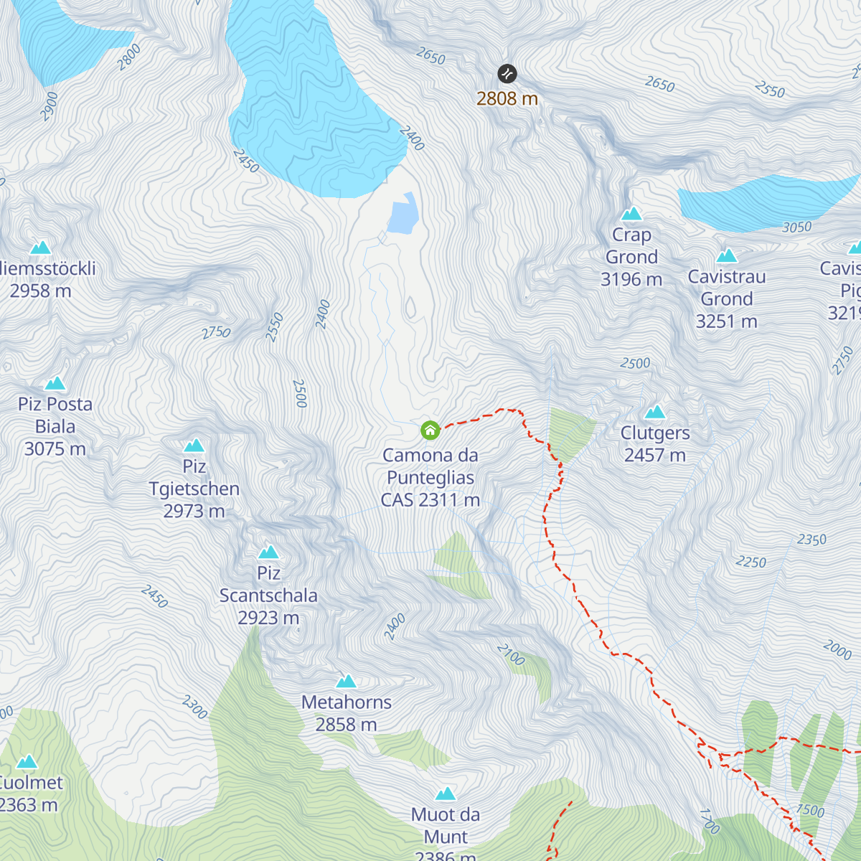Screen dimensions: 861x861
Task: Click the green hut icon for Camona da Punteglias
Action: (430, 430)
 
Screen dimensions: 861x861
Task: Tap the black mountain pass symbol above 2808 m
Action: (507, 74)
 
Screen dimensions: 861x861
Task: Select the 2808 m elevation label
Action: (507, 99)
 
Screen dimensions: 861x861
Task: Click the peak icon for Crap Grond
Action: (631, 214)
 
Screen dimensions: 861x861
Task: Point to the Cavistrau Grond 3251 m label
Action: (727, 298)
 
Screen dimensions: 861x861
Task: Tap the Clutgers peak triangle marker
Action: (654, 412)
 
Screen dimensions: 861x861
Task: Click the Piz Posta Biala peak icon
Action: (55, 383)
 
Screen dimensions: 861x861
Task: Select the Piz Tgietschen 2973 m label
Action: (194, 489)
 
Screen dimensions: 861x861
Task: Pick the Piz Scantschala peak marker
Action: (268, 552)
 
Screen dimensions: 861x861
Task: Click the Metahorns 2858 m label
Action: (347, 713)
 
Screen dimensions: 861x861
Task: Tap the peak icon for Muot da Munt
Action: (446, 794)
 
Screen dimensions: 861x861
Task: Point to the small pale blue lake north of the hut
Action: (403, 215)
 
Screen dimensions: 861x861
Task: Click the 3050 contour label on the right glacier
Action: (796, 227)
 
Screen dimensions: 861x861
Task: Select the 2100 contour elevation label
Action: (511, 654)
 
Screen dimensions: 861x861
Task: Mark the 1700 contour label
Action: (709, 821)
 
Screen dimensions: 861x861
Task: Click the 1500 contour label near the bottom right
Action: (810, 811)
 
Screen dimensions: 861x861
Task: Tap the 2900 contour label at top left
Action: (50, 106)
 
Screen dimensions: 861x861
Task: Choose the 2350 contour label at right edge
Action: (811, 540)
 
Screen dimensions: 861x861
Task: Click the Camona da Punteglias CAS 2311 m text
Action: (430, 478)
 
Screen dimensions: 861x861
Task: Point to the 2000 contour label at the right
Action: (837, 650)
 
